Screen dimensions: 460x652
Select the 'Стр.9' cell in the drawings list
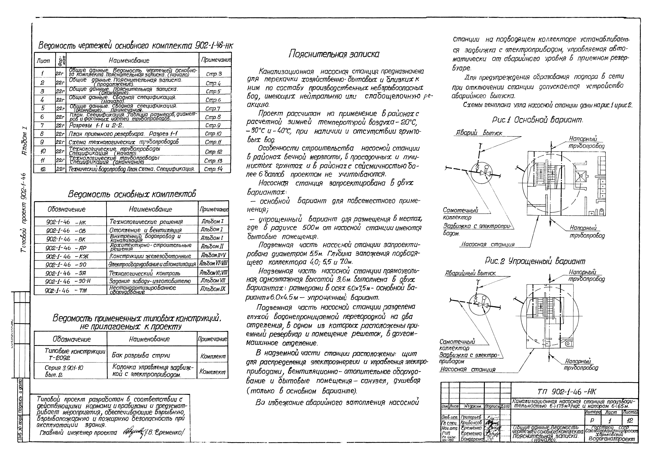pos(213,125)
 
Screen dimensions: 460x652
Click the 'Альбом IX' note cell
pos(213,289)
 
